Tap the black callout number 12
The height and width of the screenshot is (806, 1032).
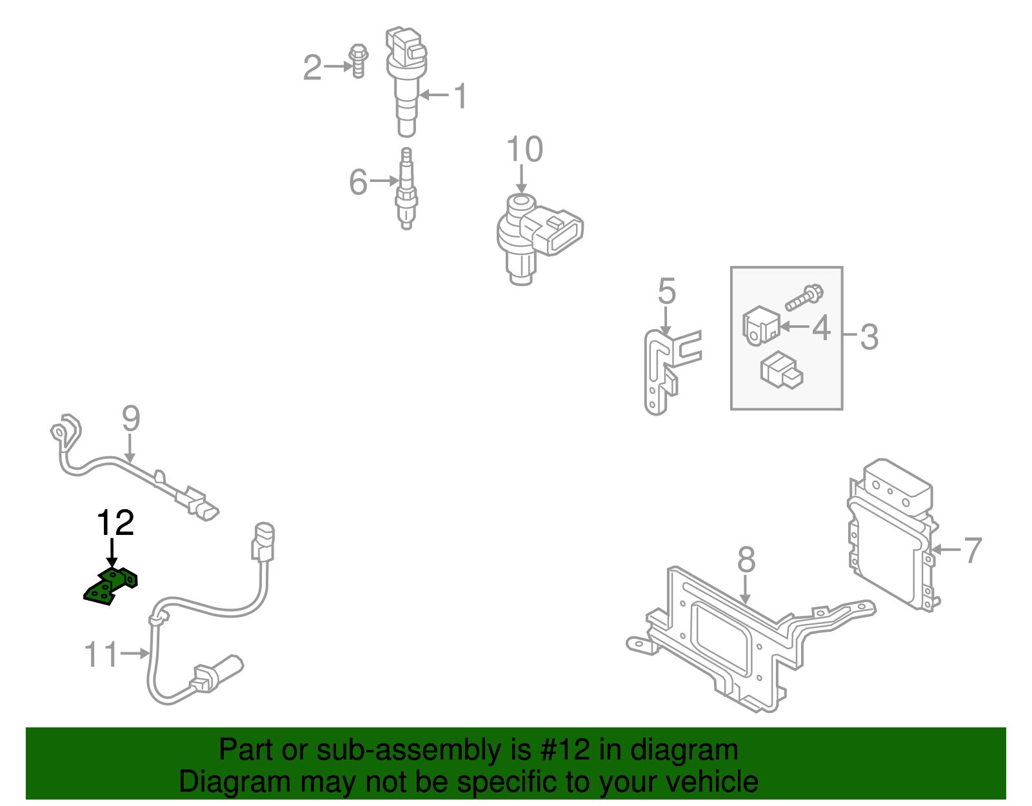[x=115, y=523]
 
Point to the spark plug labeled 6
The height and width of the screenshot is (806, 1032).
[x=406, y=190]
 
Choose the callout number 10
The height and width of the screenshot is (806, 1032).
[x=524, y=150]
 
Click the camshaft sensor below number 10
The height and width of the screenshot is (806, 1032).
[x=535, y=236]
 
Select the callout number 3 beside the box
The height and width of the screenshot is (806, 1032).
[x=869, y=337]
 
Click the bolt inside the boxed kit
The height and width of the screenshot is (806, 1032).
[x=804, y=297]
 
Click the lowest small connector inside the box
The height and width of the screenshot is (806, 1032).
[x=782, y=370]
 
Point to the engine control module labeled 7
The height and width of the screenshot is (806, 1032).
[x=890, y=536]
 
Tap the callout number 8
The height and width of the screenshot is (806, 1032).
[x=746, y=559]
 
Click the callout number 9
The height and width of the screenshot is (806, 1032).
[x=131, y=419]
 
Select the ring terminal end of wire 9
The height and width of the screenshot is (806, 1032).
[x=63, y=430]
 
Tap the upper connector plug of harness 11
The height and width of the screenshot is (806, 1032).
[x=263, y=541]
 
